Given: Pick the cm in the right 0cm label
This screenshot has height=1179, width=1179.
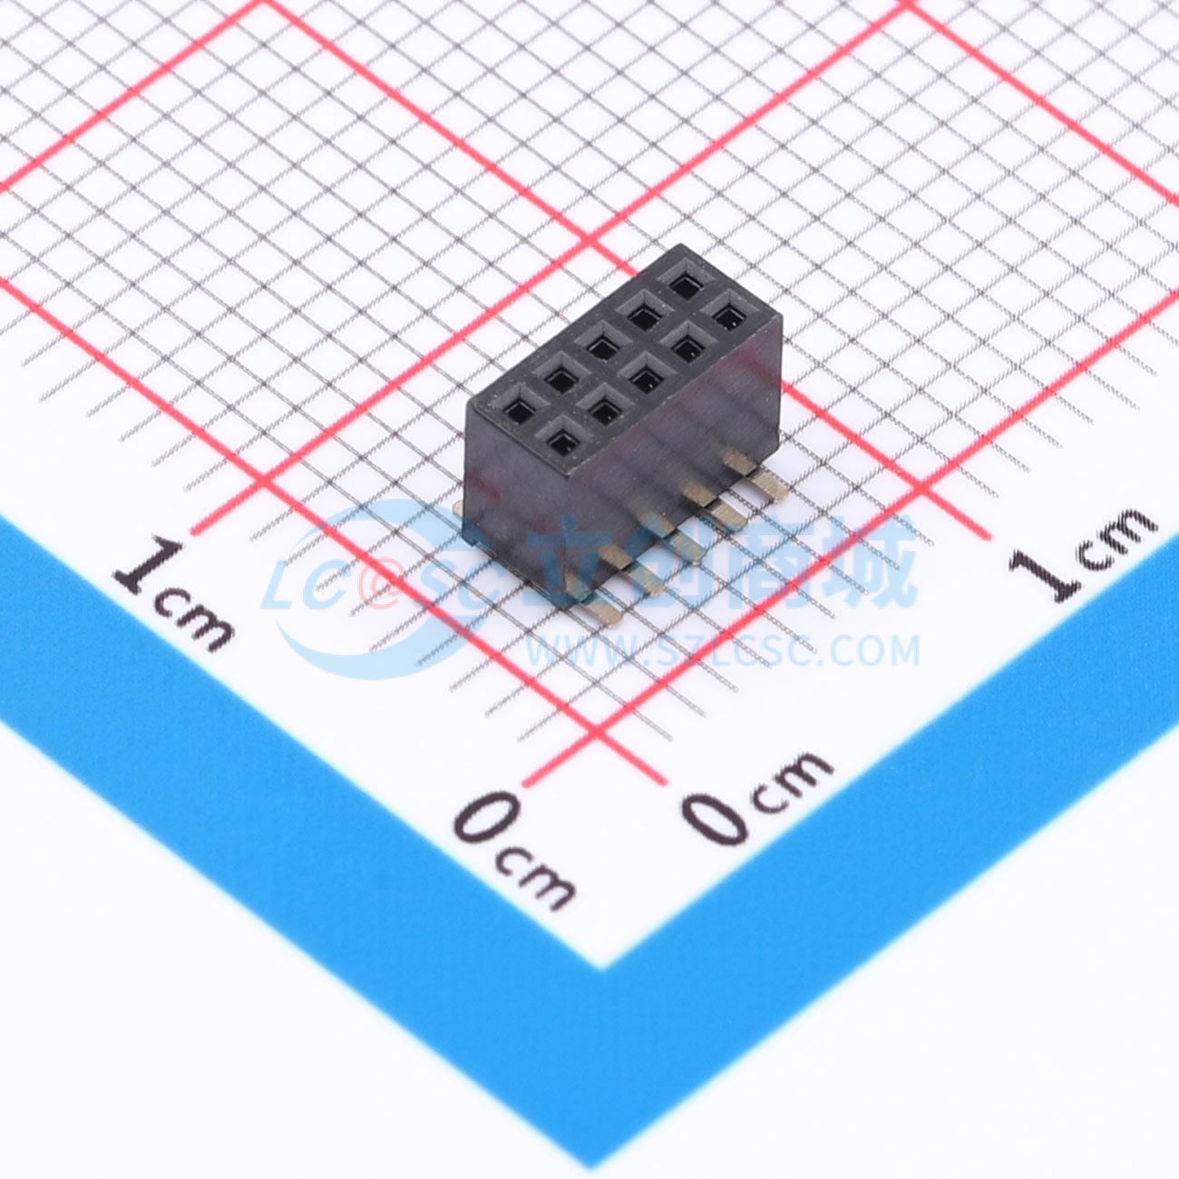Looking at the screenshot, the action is (794, 780).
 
